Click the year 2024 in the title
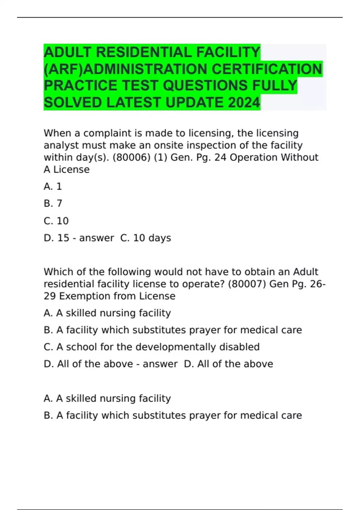point(244,103)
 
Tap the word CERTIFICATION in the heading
point(267,69)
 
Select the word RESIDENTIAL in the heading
point(144,52)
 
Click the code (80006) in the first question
point(131,157)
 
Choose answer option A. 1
point(53,187)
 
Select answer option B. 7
point(53,203)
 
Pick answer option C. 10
point(56,221)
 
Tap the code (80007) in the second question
point(247,284)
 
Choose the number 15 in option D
point(63,238)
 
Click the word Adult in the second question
point(305,272)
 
